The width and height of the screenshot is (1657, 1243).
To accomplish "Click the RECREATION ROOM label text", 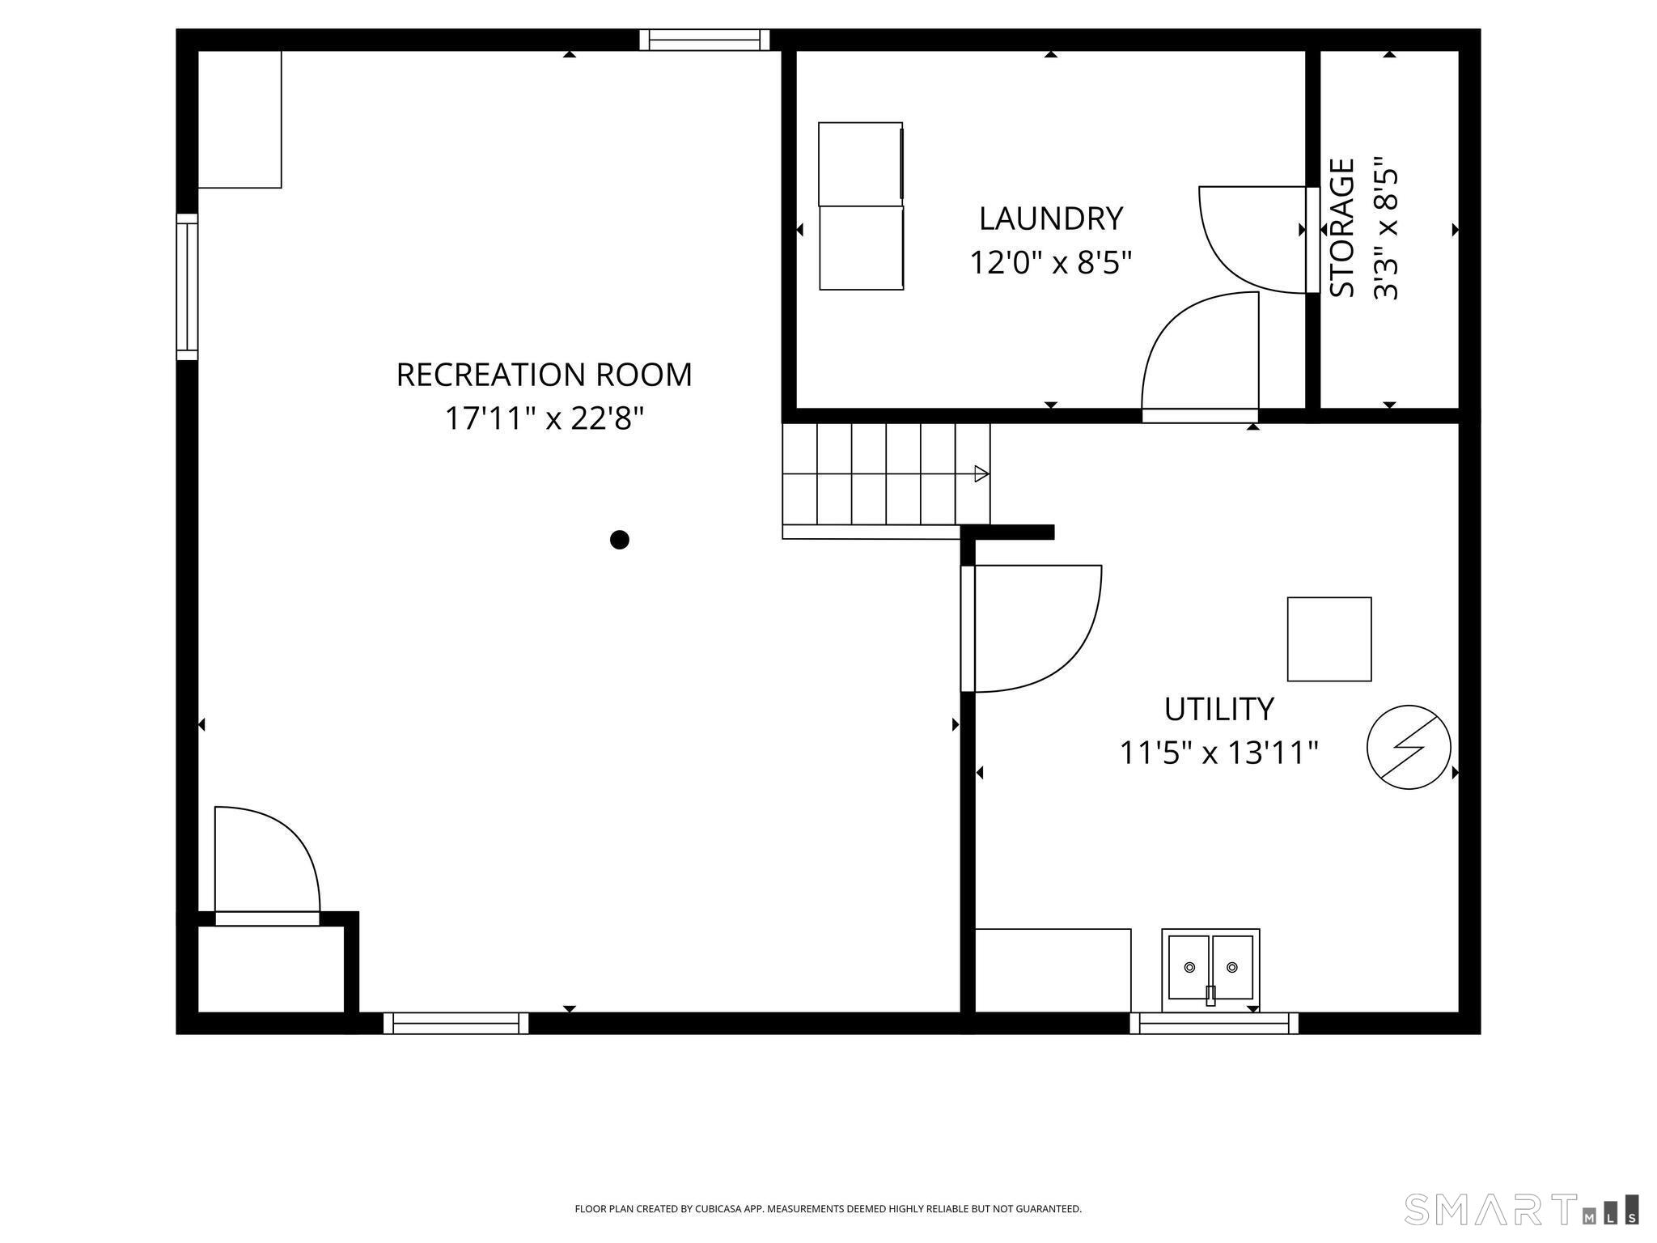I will pos(544,375).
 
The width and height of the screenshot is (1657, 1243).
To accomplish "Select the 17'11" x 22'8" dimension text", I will pos(544,419).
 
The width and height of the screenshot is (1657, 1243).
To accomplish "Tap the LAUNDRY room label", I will pos(1050,218).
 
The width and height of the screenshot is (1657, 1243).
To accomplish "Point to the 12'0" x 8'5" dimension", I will pos(1050,263).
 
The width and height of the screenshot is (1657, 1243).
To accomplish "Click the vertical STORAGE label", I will pos(1342,228).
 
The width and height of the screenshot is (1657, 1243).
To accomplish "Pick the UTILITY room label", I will pos(1218,709).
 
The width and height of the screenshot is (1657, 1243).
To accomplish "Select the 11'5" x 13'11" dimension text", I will pos(1218,753).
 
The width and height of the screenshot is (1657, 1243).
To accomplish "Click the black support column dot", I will pos(619,540).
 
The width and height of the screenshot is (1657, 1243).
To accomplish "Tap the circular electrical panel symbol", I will pos(1409,747).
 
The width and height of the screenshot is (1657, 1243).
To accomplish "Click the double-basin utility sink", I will pos(1210,969).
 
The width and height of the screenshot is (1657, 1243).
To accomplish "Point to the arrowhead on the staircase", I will pos(981,474).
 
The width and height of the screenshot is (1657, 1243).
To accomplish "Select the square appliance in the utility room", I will pos(1329,639).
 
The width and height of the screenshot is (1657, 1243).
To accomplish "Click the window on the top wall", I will pos(704,40).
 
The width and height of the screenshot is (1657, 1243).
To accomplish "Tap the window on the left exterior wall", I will pos(187,287).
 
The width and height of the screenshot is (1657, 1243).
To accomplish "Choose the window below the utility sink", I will pos(1214,1024).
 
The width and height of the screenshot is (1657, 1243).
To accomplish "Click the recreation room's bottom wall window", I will pos(456,1024).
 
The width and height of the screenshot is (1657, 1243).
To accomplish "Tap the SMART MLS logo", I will pos(1521,1209).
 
